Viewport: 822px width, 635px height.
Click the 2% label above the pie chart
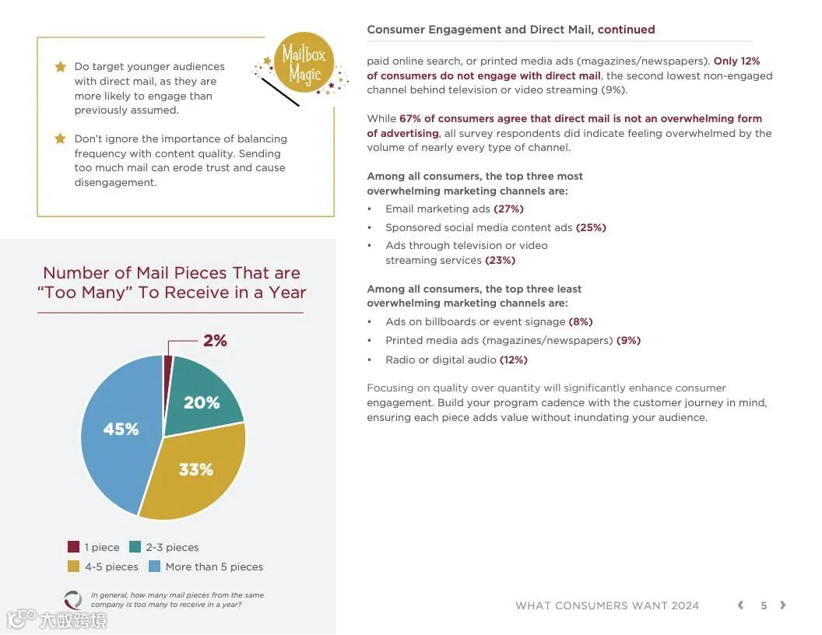[215, 341]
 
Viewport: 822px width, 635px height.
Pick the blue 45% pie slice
[121, 430]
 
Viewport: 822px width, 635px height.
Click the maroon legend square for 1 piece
[74, 547]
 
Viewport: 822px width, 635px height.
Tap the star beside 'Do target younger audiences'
[60, 67]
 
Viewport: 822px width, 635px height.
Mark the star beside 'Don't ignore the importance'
[60, 139]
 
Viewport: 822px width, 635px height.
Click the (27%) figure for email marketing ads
[508, 209]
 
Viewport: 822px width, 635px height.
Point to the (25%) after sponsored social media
[591, 228]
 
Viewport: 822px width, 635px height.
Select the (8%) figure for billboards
[581, 321]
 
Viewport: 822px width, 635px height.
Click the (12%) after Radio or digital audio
[514, 360]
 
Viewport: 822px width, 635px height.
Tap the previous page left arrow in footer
[740, 605]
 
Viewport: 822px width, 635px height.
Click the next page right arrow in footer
[783, 605]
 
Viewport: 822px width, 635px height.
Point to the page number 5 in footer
[764, 605]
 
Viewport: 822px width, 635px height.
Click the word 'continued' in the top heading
[627, 30]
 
